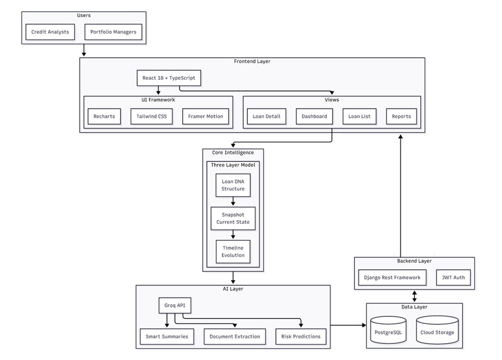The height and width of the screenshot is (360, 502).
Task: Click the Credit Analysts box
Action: (x=50, y=32)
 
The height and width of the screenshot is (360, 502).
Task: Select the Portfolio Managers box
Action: (x=113, y=32)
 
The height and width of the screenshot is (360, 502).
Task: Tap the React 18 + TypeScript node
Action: (x=169, y=78)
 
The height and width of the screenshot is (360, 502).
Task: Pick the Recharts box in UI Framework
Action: (x=104, y=116)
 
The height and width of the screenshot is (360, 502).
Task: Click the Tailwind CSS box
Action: (x=152, y=116)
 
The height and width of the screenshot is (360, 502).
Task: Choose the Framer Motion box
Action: (x=205, y=116)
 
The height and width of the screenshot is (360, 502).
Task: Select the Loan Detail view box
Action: (x=266, y=116)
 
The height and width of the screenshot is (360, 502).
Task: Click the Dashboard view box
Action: (x=314, y=116)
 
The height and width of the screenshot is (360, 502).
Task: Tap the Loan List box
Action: (x=359, y=116)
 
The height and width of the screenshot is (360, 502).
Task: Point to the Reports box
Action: (x=401, y=116)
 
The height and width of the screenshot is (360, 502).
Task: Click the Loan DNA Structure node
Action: (x=233, y=185)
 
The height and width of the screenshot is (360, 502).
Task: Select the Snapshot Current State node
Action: (x=233, y=218)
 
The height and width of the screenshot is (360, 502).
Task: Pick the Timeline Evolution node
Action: (x=233, y=251)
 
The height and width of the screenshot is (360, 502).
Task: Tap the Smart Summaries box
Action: (x=167, y=336)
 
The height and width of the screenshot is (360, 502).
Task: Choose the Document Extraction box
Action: (x=234, y=336)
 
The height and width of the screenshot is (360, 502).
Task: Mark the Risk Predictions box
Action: (x=301, y=336)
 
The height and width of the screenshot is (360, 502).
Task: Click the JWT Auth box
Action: (x=453, y=277)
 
